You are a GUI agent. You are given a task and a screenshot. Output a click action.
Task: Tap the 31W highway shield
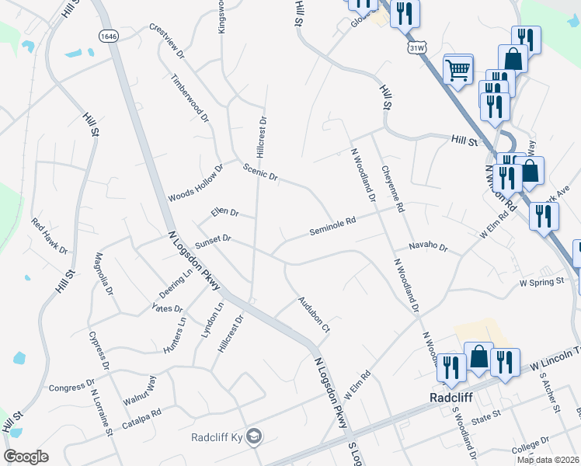(416, 47)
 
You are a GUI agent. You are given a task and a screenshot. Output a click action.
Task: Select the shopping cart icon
(458, 70)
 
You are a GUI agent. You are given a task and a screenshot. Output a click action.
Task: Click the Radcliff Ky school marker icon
(254, 437)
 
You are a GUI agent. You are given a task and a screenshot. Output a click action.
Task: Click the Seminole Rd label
(332, 225)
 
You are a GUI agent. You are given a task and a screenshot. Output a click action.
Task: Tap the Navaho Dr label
(430, 247)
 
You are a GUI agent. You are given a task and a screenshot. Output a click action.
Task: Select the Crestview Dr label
(167, 42)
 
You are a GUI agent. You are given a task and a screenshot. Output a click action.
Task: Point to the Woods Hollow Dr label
(195, 183)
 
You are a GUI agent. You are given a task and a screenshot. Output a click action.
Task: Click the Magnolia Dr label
(104, 275)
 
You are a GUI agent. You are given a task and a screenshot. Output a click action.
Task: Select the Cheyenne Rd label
(393, 189)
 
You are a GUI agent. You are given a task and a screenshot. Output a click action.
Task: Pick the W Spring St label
(541, 281)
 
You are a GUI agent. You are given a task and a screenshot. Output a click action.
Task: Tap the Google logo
(26, 457)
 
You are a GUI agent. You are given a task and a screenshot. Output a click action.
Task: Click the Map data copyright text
(548, 460)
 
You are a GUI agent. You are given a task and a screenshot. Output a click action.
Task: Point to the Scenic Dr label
(260, 172)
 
